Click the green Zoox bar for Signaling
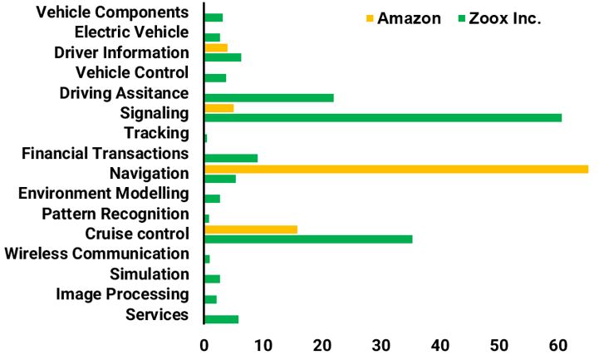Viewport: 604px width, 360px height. click(382, 117)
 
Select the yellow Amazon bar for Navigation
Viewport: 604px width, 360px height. click(395, 169)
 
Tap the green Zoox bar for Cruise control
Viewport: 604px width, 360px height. click(308, 239)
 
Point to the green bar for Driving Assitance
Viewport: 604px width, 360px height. click(269, 97)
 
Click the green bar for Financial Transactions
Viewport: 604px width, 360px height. click(231, 158)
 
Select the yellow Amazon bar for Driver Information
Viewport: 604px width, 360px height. click(216, 47)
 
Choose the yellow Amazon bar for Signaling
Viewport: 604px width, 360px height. click(219, 108)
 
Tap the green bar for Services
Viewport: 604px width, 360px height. click(221, 319)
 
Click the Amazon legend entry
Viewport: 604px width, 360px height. click(408, 18)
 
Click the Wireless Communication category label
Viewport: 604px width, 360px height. click(96, 254)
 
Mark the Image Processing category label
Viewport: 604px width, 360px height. click(122, 293)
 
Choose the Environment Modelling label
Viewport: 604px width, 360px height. click(104, 194)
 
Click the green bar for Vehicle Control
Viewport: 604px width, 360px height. click(215, 77)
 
